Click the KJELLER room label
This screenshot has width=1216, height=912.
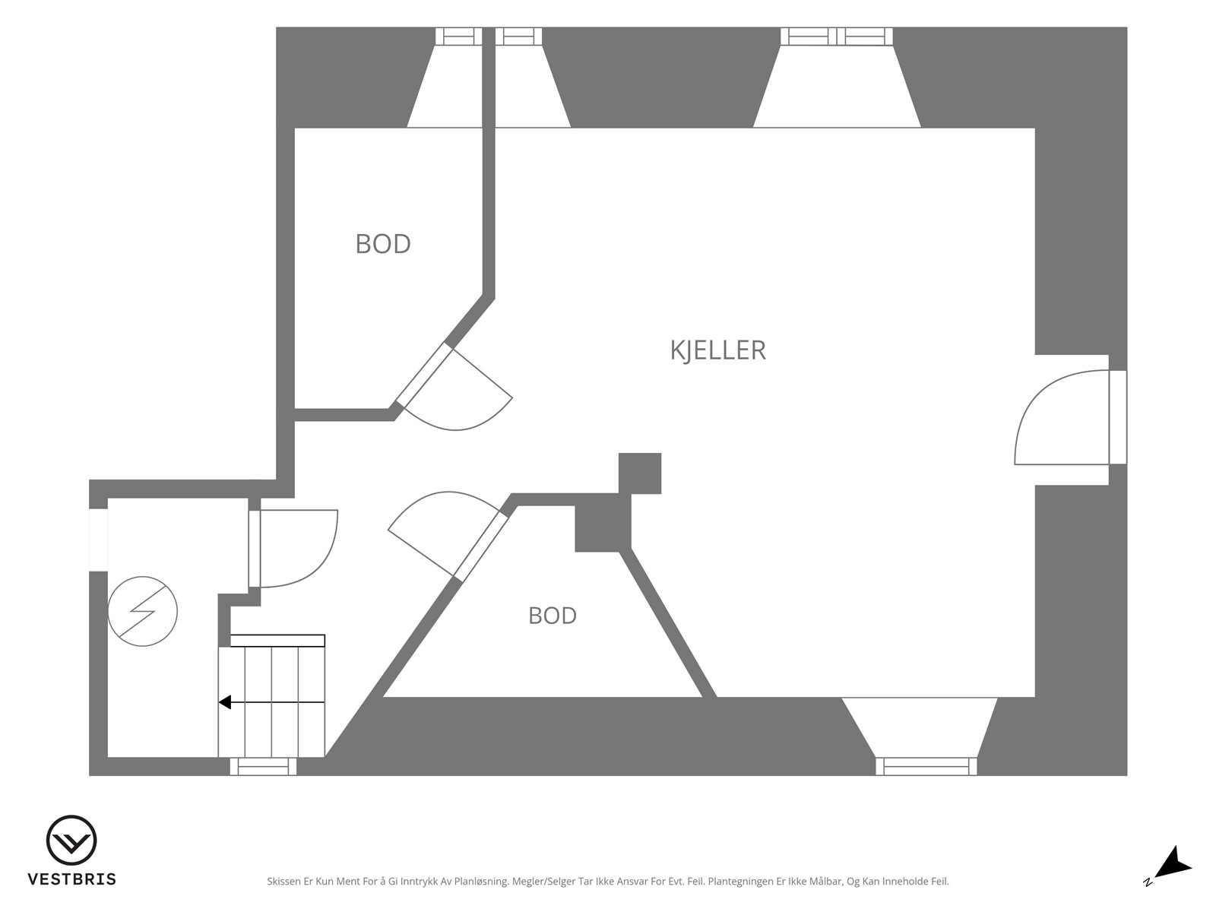(x=717, y=350)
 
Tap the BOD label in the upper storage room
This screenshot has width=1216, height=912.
(x=383, y=244)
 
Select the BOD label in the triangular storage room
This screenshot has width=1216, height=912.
(x=553, y=616)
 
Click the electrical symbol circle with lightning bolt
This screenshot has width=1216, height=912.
(x=142, y=611)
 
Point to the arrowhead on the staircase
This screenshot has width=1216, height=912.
(x=224, y=702)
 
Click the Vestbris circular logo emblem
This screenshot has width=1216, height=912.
(x=71, y=840)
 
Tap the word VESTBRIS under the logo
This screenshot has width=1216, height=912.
(x=72, y=879)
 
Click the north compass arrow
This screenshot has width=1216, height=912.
(x=1176, y=878)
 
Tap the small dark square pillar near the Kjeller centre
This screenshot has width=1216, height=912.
(x=640, y=473)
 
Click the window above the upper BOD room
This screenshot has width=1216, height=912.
(x=459, y=36)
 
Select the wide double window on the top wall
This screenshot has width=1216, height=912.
(x=837, y=36)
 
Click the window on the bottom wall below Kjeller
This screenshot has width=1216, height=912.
(x=926, y=766)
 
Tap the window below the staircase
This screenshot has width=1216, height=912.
(x=263, y=767)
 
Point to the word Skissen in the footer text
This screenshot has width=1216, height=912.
(x=284, y=881)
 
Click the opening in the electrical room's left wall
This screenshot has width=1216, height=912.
(x=99, y=540)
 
